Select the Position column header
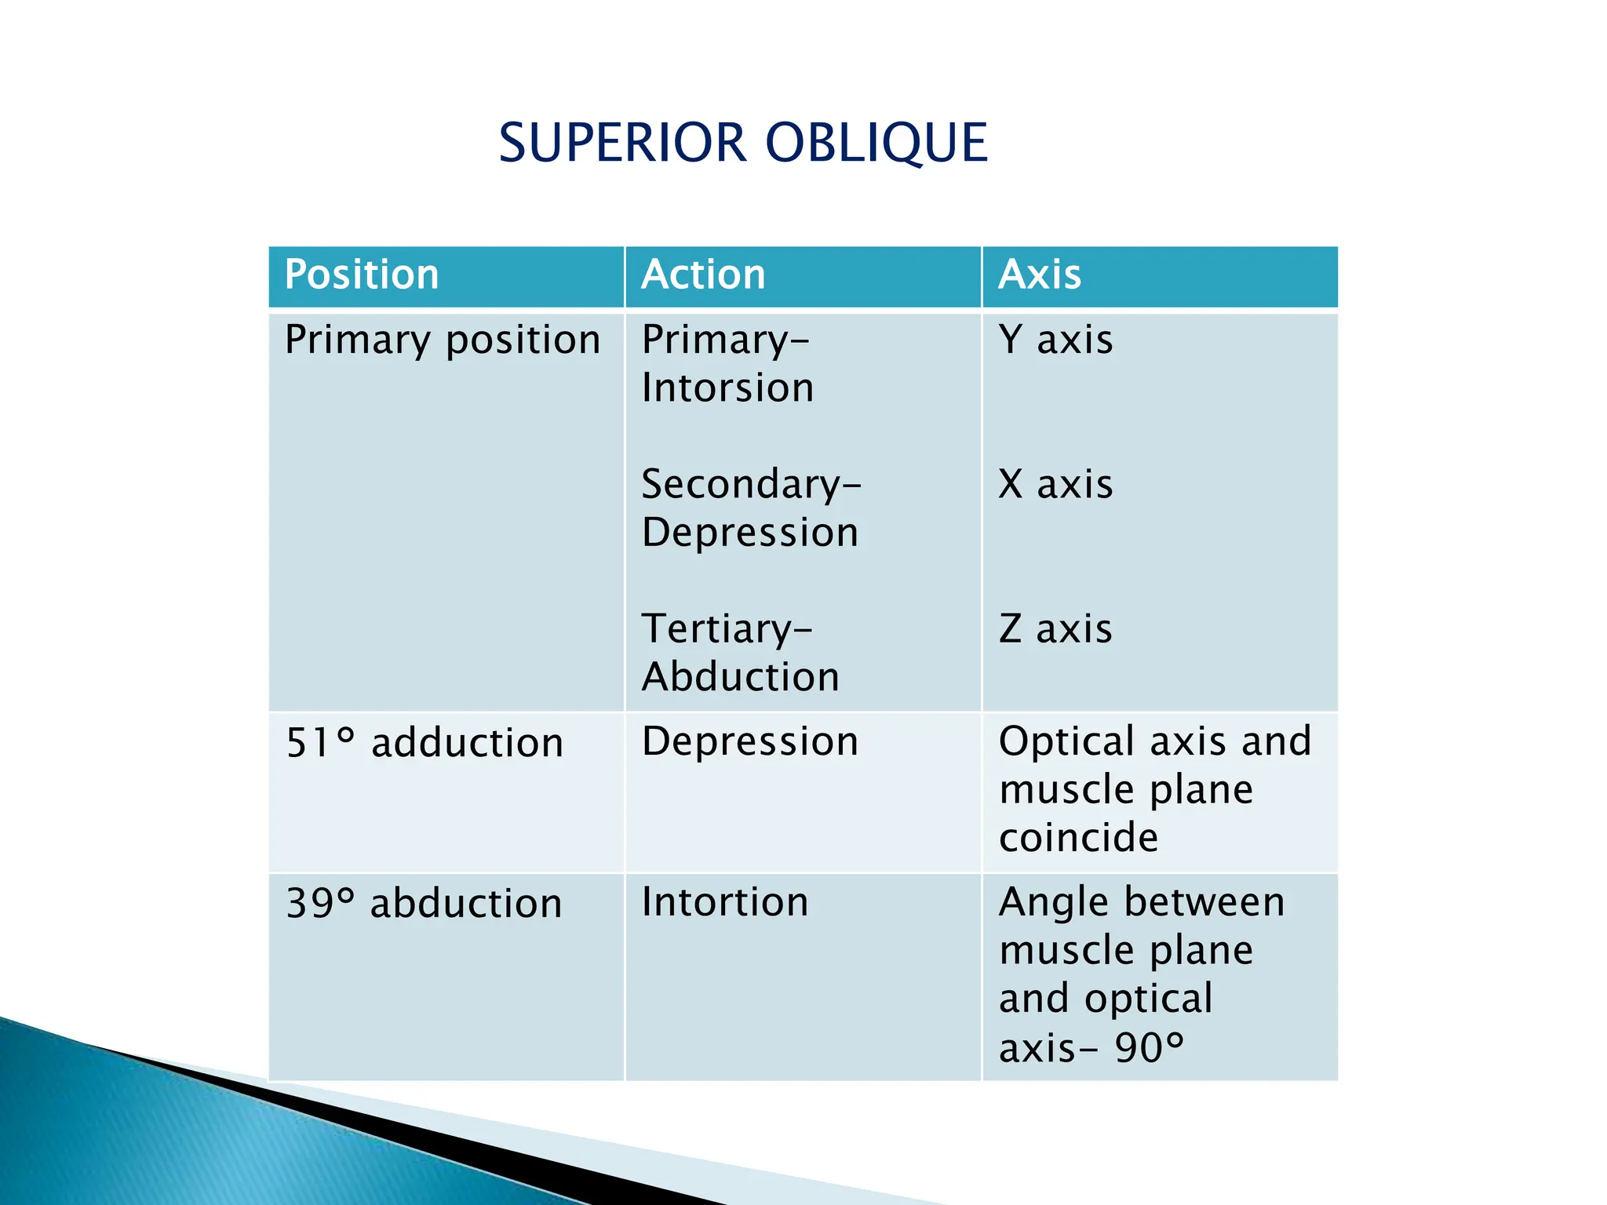[x=361, y=275]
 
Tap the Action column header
[x=703, y=275]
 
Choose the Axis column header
[x=1040, y=275]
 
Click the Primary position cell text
[x=442, y=340]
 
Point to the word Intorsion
[x=727, y=388]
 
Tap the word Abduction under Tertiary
[x=740, y=677]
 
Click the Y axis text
[x=1055, y=340]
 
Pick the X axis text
[x=1055, y=484]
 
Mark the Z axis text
[x=1055, y=629]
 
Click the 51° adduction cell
[x=425, y=743]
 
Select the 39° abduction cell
[x=424, y=904]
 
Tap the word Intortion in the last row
[x=724, y=902]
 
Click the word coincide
[x=1078, y=838]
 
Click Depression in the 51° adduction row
[x=749, y=742]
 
